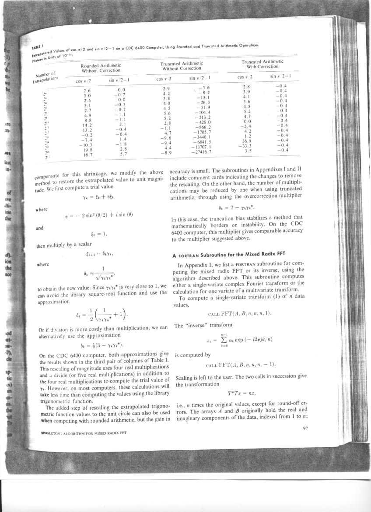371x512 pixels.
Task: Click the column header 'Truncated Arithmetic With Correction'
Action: click(262, 64)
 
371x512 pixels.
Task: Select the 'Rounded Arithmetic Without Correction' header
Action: click(100, 68)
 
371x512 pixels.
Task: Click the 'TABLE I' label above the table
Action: click(38, 47)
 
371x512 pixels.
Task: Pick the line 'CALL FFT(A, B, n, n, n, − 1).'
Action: click(240, 365)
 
